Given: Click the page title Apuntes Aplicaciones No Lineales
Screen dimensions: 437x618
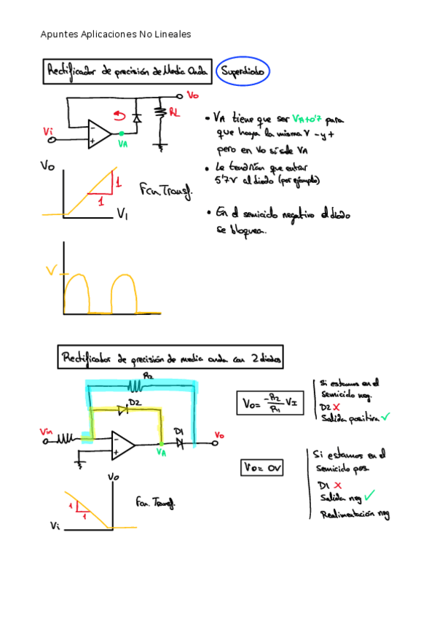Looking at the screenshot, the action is click(x=116, y=34).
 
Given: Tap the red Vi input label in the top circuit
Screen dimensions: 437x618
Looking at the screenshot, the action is click(x=48, y=131).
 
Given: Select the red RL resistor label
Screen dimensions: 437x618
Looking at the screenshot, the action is click(x=175, y=112).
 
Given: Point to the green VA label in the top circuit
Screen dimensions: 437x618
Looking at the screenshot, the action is click(x=123, y=144).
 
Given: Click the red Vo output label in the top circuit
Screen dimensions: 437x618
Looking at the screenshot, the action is click(x=193, y=95).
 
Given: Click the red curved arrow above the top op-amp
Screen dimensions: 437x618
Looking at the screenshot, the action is click(x=119, y=115).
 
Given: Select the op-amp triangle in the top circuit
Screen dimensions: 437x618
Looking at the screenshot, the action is click(x=98, y=134).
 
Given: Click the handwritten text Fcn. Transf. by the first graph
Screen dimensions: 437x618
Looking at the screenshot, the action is click(x=166, y=191).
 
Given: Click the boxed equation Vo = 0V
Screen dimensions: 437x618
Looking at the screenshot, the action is click(x=261, y=466).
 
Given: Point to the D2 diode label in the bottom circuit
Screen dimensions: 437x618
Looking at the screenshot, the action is click(x=134, y=403).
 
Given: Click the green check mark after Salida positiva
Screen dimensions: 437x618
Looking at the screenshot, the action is click(x=385, y=416).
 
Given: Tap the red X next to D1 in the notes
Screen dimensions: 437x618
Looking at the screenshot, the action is click(x=342, y=485).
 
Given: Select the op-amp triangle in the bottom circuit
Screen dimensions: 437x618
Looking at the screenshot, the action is click(x=122, y=442).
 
